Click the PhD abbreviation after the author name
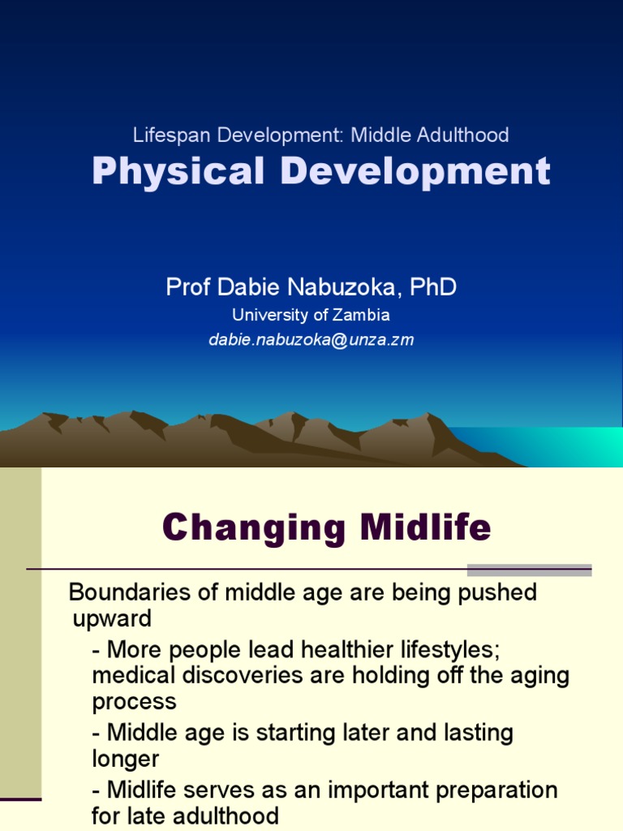pos(433,286)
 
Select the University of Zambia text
pos(311,315)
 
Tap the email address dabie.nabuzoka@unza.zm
pos(311,340)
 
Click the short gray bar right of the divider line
pos(529,570)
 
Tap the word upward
pos(112,619)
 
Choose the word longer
pos(126,759)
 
